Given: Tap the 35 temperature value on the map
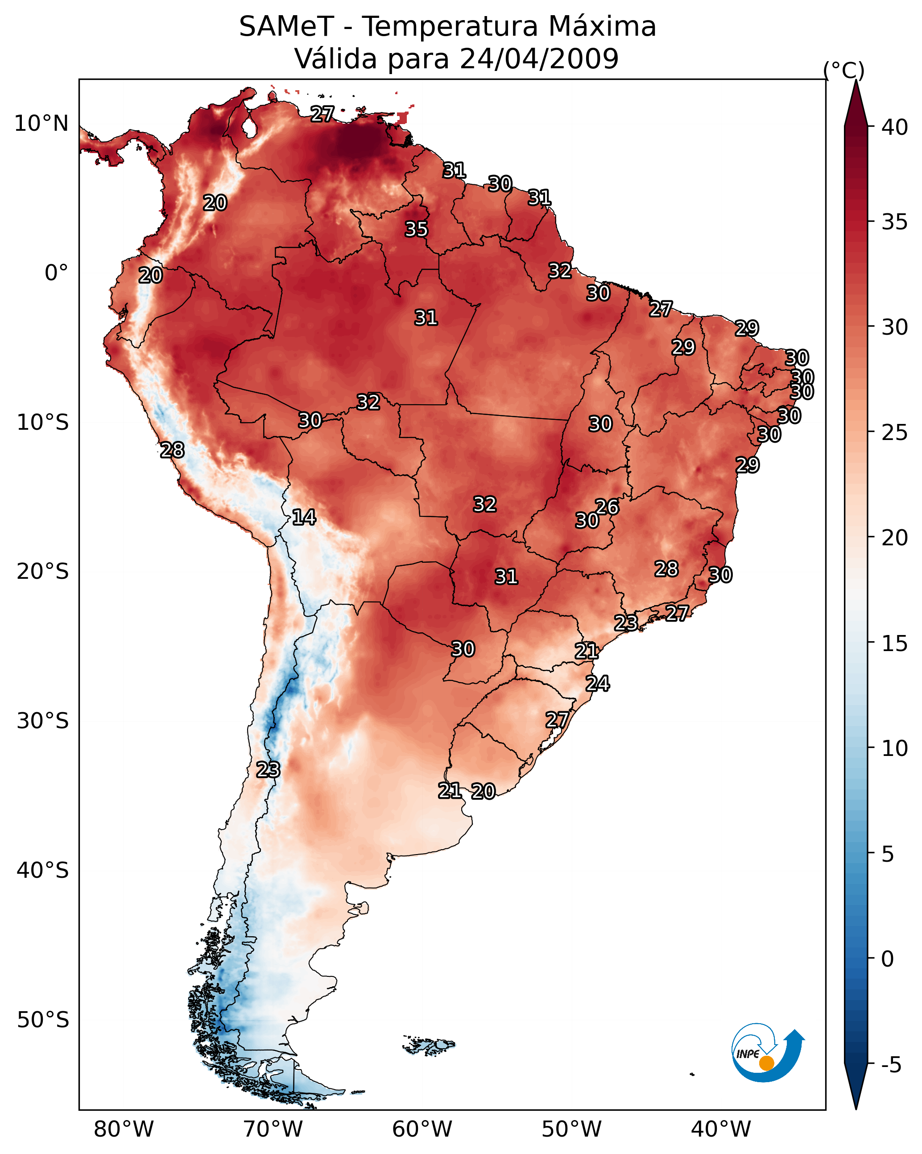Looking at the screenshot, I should point(416,229).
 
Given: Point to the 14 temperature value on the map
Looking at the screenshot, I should point(303,517).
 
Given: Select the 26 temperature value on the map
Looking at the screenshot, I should point(607,507).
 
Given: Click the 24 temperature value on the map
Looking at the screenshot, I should point(597,684).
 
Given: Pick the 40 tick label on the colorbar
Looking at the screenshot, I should point(895,127).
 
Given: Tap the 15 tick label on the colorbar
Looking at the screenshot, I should point(895,644).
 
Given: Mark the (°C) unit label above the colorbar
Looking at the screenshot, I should point(844,70).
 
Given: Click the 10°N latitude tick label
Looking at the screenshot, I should point(41,124).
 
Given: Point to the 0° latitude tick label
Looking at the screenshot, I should point(56,273).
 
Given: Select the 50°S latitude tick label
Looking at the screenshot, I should point(43,1020).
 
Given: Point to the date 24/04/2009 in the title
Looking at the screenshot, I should point(539,59).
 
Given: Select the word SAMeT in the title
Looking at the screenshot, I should point(286,27).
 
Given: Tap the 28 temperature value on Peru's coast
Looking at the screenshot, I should point(172,450).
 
